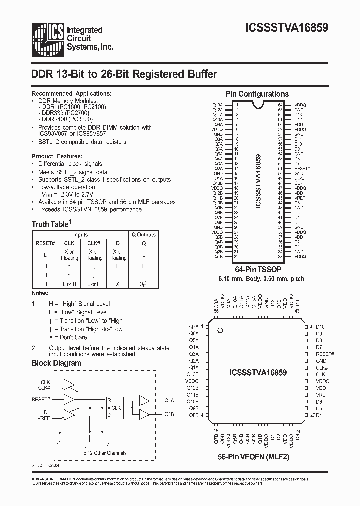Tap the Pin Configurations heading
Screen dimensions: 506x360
[x=257, y=94]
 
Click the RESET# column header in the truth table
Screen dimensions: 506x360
[x=45, y=243]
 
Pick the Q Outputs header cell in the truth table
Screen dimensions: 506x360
[x=143, y=234]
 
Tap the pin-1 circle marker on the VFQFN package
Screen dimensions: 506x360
[x=219, y=330]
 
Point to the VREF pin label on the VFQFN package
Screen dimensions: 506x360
[x=322, y=394]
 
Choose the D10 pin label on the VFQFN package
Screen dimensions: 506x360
[x=320, y=326]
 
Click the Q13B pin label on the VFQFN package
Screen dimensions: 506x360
[x=193, y=374]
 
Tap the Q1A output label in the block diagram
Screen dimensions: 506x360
[x=169, y=400]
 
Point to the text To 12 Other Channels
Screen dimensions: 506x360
[x=104, y=453]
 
